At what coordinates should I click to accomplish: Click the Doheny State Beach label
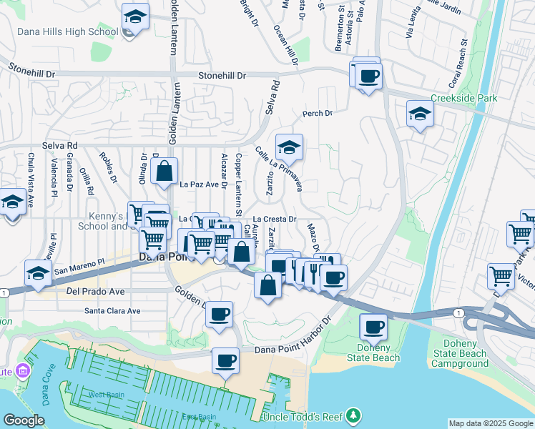point(373,352)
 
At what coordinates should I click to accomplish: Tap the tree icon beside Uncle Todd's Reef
point(353,416)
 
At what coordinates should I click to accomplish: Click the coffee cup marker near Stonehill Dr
point(368,76)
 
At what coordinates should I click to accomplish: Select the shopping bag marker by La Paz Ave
point(165,172)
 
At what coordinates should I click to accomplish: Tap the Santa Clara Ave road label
point(112,311)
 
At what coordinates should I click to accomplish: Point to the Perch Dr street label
point(318,113)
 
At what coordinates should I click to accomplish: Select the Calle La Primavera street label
point(279,169)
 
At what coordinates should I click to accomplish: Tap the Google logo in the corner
point(24,420)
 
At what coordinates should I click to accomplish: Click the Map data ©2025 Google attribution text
point(491,423)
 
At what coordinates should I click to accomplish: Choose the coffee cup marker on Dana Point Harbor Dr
point(226,361)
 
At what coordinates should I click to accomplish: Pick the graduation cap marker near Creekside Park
point(420,114)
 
